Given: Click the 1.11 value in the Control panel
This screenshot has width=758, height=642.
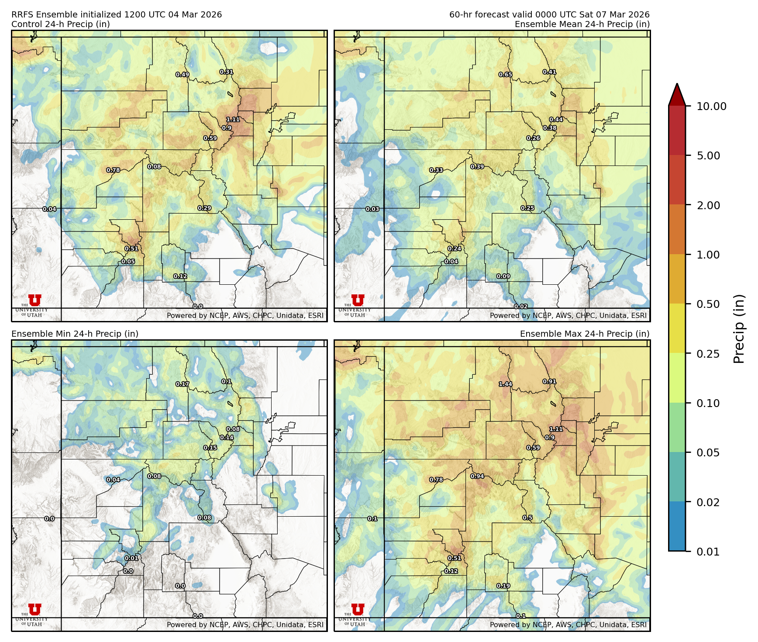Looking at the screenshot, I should pyautogui.click(x=233, y=119).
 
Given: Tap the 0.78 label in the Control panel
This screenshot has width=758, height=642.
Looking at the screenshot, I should pyautogui.click(x=113, y=170).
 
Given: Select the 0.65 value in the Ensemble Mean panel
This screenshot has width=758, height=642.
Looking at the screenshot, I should pyautogui.click(x=506, y=75).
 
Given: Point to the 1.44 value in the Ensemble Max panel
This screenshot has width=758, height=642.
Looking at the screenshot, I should pyautogui.click(x=505, y=384).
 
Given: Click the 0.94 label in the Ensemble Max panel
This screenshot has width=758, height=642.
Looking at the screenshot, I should pyautogui.click(x=477, y=476).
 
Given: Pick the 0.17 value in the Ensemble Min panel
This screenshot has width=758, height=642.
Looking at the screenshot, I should pyautogui.click(x=183, y=384).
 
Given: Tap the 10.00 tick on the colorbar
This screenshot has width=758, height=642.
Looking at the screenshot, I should pyautogui.click(x=711, y=106).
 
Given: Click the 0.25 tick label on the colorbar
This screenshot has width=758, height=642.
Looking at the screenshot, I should pyautogui.click(x=708, y=354).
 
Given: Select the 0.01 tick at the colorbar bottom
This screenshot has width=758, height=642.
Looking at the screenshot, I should pyautogui.click(x=708, y=552).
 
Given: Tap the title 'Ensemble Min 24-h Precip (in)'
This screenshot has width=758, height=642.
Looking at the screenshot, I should pyautogui.click(x=75, y=334).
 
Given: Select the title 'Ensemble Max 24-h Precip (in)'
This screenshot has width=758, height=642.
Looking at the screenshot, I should pyautogui.click(x=585, y=334).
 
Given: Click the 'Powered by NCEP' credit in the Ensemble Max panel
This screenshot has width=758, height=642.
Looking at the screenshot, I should pyautogui.click(x=568, y=625).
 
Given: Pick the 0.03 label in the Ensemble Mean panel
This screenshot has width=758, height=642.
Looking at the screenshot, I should pyautogui.click(x=372, y=209).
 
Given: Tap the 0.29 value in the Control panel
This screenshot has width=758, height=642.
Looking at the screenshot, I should pyautogui.click(x=204, y=208).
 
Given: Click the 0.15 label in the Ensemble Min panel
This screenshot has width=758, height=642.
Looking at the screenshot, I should pyautogui.click(x=210, y=448).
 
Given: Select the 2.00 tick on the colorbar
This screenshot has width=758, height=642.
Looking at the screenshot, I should pyautogui.click(x=708, y=205).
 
